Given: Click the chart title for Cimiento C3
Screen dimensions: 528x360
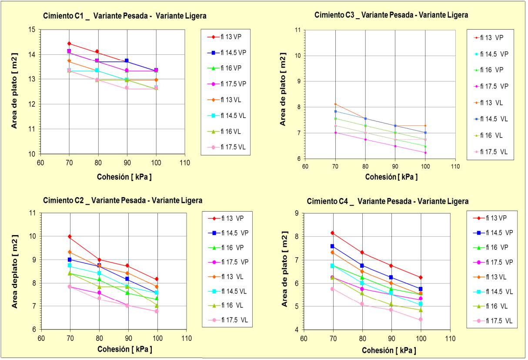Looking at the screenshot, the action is pos(391,15).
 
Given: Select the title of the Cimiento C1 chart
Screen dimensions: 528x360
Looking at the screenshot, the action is pos(125,16).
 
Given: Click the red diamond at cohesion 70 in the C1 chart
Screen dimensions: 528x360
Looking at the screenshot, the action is pos(69,44).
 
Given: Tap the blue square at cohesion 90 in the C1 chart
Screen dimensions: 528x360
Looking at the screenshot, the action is pos(127,61).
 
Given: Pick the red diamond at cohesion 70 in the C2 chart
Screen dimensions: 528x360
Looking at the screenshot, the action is pos(70,236).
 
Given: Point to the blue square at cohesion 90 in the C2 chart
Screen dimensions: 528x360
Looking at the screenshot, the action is pos(127,279).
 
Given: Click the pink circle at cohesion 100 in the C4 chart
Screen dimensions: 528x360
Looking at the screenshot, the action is pos(421,320).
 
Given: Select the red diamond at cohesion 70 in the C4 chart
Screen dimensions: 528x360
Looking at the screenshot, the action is pos(333,233).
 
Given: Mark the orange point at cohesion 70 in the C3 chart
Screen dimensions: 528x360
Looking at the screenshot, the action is pos(335,104).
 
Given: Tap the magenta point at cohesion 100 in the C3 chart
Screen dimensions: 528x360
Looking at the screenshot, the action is pos(425,153).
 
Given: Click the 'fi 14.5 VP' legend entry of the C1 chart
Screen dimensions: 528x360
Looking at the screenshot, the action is pos(227,53).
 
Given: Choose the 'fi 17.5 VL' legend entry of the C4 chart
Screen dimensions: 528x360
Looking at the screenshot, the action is pos(493,321).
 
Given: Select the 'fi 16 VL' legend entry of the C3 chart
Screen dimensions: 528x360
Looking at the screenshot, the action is pos(488,135).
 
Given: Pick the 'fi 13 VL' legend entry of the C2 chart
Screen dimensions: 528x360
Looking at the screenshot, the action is pos(226,276).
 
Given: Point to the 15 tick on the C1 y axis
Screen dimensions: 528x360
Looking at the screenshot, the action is pos(32,30).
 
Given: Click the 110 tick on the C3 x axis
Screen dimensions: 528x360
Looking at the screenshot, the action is pos(455,167).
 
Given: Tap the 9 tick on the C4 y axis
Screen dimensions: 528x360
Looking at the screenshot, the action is pos(296,213).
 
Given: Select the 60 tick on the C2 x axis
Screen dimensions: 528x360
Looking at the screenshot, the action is pos(41,338).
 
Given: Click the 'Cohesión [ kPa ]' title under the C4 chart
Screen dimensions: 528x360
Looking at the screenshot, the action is pos(389,350).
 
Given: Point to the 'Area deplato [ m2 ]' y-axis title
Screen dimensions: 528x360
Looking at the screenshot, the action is pos(15,272).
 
